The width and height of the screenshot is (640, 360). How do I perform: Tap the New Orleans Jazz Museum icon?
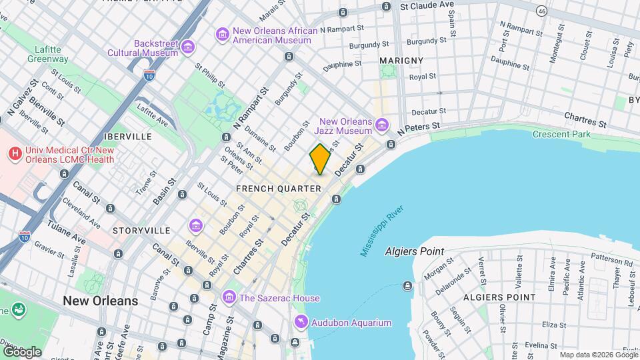(x=381, y=125)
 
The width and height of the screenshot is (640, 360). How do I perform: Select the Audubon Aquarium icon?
(x=301, y=323)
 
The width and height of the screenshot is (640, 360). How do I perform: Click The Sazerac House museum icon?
(x=229, y=295)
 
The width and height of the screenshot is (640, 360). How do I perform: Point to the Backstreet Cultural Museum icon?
(x=189, y=47)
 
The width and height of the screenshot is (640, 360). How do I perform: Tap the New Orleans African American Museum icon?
(x=222, y=33)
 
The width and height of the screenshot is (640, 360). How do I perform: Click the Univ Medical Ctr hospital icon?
(x=15, y=154)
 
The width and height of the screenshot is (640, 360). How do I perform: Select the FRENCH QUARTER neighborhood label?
(x=279, y=189)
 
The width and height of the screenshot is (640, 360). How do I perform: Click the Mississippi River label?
(x=383, y=231)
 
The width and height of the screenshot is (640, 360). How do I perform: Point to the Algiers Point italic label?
(x=414, y=251)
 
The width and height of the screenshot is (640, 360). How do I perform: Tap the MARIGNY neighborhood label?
(x=401, y=61)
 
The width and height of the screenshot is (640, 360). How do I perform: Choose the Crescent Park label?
(x=561, y=134)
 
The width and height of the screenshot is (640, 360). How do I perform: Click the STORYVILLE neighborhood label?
(x=141, y=230)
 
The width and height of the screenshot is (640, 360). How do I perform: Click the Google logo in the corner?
(x=22, y=351)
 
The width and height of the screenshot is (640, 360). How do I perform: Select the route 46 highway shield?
(x=542, y=11)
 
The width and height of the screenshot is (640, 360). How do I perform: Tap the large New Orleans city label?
(x=101, y=301)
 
